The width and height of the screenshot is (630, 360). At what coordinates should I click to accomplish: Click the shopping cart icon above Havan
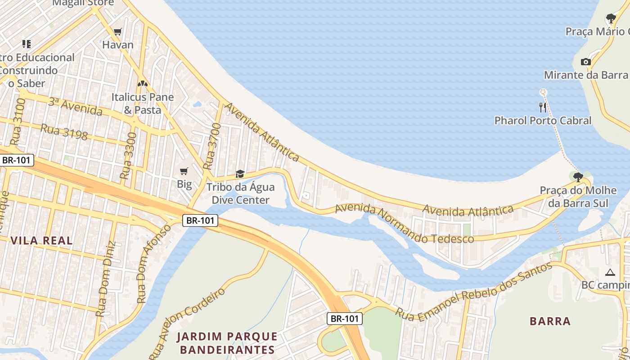(x=118, y=31)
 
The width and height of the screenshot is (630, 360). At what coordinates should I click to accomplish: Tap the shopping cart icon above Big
(x=184, y=171)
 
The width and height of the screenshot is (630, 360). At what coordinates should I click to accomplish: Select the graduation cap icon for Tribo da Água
(x=240, y=174)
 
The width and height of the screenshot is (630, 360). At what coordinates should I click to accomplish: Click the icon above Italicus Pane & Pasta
(x=143, y=84)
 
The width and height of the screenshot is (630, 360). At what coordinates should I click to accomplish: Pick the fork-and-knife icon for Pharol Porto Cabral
(x=543, y=107)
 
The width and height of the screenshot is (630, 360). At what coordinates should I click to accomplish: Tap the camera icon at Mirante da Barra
(x=585, y=62)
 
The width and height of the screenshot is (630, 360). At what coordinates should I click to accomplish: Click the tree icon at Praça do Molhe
(x=578, y=177)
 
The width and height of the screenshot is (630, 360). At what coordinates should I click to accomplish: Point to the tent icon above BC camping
(x=610, y=272)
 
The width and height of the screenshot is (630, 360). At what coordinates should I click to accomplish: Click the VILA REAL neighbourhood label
(x=41, y=241)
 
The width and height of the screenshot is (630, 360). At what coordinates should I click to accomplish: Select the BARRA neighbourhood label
(x=550, y=321)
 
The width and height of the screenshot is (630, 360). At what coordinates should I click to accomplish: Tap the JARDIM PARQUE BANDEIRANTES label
(x=227, y=343)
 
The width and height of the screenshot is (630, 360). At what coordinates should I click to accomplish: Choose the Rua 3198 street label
(x=64, y=131)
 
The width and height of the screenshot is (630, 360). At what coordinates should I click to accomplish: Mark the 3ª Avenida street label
(x=75, y=107)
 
